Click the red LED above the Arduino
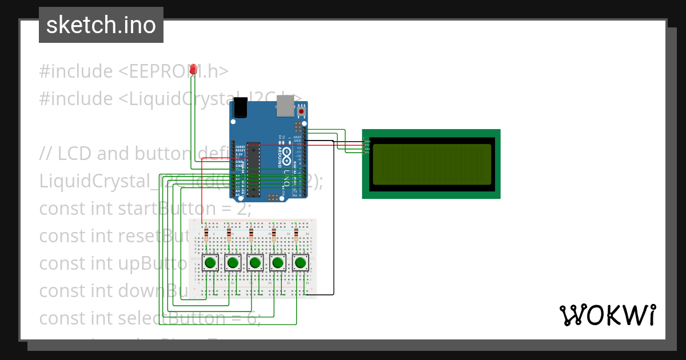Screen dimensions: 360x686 pos(193,69)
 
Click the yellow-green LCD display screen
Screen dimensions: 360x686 pos(432,164)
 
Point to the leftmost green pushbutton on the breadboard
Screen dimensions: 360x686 pos(210,263)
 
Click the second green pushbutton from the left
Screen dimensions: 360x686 pos(233,263)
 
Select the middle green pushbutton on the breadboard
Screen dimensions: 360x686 pos(255,263)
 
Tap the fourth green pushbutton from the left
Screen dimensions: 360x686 pos(278,263)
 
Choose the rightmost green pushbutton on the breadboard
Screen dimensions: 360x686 pos(300,263)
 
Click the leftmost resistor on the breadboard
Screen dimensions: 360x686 pos(206,234)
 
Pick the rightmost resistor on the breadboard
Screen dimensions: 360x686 pos(296,234)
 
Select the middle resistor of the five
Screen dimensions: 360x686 pos(252,234)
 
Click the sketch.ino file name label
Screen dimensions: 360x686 pos(101,25)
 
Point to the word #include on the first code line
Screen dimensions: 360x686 pos(75,71)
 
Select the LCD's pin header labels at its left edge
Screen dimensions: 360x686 pos(366,147)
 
